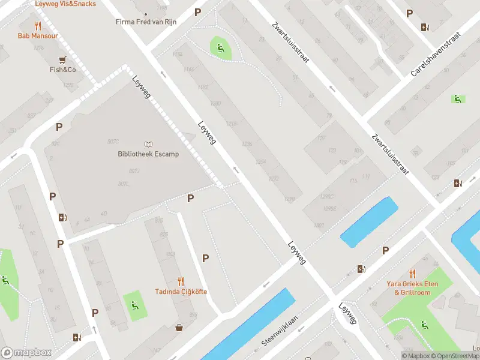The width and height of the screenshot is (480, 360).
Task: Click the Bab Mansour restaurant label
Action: point(38,36)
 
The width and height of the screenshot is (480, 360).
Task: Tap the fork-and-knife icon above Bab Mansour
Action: point(38,26)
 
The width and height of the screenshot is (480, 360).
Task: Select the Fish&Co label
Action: point(62,70)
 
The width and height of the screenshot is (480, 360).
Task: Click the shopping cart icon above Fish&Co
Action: point(62,59)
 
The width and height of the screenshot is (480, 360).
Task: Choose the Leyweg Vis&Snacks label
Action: point(65,4)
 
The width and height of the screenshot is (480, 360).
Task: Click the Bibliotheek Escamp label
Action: point(148,154)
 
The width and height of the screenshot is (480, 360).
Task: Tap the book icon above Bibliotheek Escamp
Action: point(148,144)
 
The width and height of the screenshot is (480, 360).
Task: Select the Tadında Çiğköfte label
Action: point(181,291)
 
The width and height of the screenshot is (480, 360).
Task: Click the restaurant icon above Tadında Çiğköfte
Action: point(181,281)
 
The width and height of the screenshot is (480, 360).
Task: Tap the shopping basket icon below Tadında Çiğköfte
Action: point(179,328)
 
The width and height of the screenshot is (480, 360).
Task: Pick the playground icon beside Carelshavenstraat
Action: point(457,99)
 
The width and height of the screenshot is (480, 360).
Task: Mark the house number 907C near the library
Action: point(112,142)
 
